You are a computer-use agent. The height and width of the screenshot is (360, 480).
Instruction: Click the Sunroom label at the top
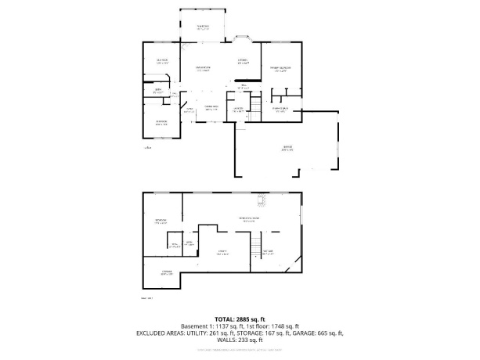(x=203, y=27)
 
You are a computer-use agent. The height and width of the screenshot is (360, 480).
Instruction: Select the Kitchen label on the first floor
(x=244, y=61)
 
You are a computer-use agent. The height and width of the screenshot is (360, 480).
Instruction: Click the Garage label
(x=288, y=148)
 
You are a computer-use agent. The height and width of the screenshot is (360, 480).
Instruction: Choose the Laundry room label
(x=239, y=109)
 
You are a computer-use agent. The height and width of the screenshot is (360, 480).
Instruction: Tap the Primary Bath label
(x=280, y=109)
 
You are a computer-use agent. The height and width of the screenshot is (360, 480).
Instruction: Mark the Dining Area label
(x=211, y=107)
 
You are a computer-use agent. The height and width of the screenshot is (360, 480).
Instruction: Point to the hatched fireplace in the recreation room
(x=265, y=201)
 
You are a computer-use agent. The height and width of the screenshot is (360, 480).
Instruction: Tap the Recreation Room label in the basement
(x=248, y=220)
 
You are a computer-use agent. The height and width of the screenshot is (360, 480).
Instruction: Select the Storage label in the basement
(x=166, y=272)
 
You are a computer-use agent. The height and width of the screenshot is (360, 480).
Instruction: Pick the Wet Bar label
(x=269, y=251)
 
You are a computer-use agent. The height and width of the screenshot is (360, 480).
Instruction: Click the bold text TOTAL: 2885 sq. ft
(x=240, y=319)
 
